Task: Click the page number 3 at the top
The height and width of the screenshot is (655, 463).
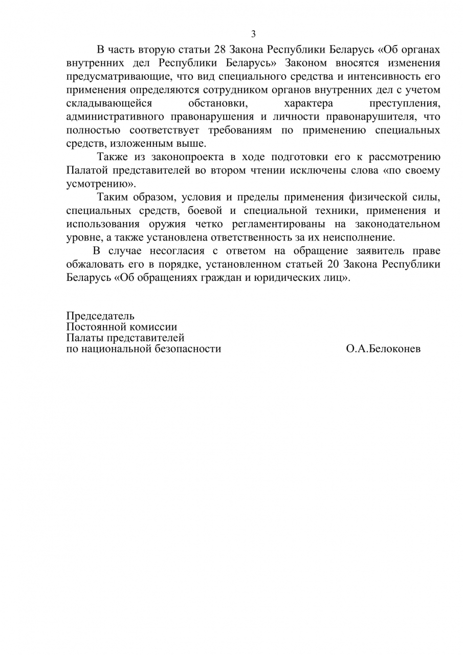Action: (x=253, y=34)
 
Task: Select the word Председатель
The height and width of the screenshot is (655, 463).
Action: (x=100, y=316)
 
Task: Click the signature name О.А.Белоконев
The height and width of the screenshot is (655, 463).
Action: (x=383, y=349)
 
